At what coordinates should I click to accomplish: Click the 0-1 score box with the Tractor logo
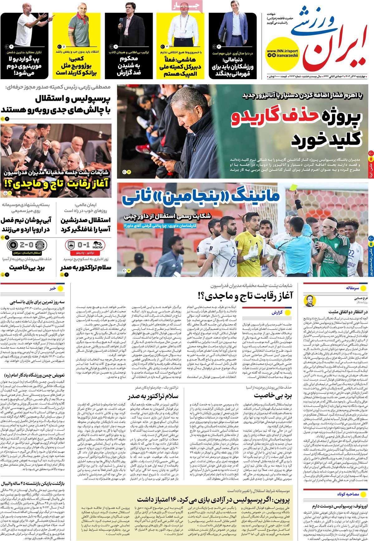pyautogui.click(x=86, y=244)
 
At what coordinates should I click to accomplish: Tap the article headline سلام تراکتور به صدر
pyautogui.click(x=153, y=396)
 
